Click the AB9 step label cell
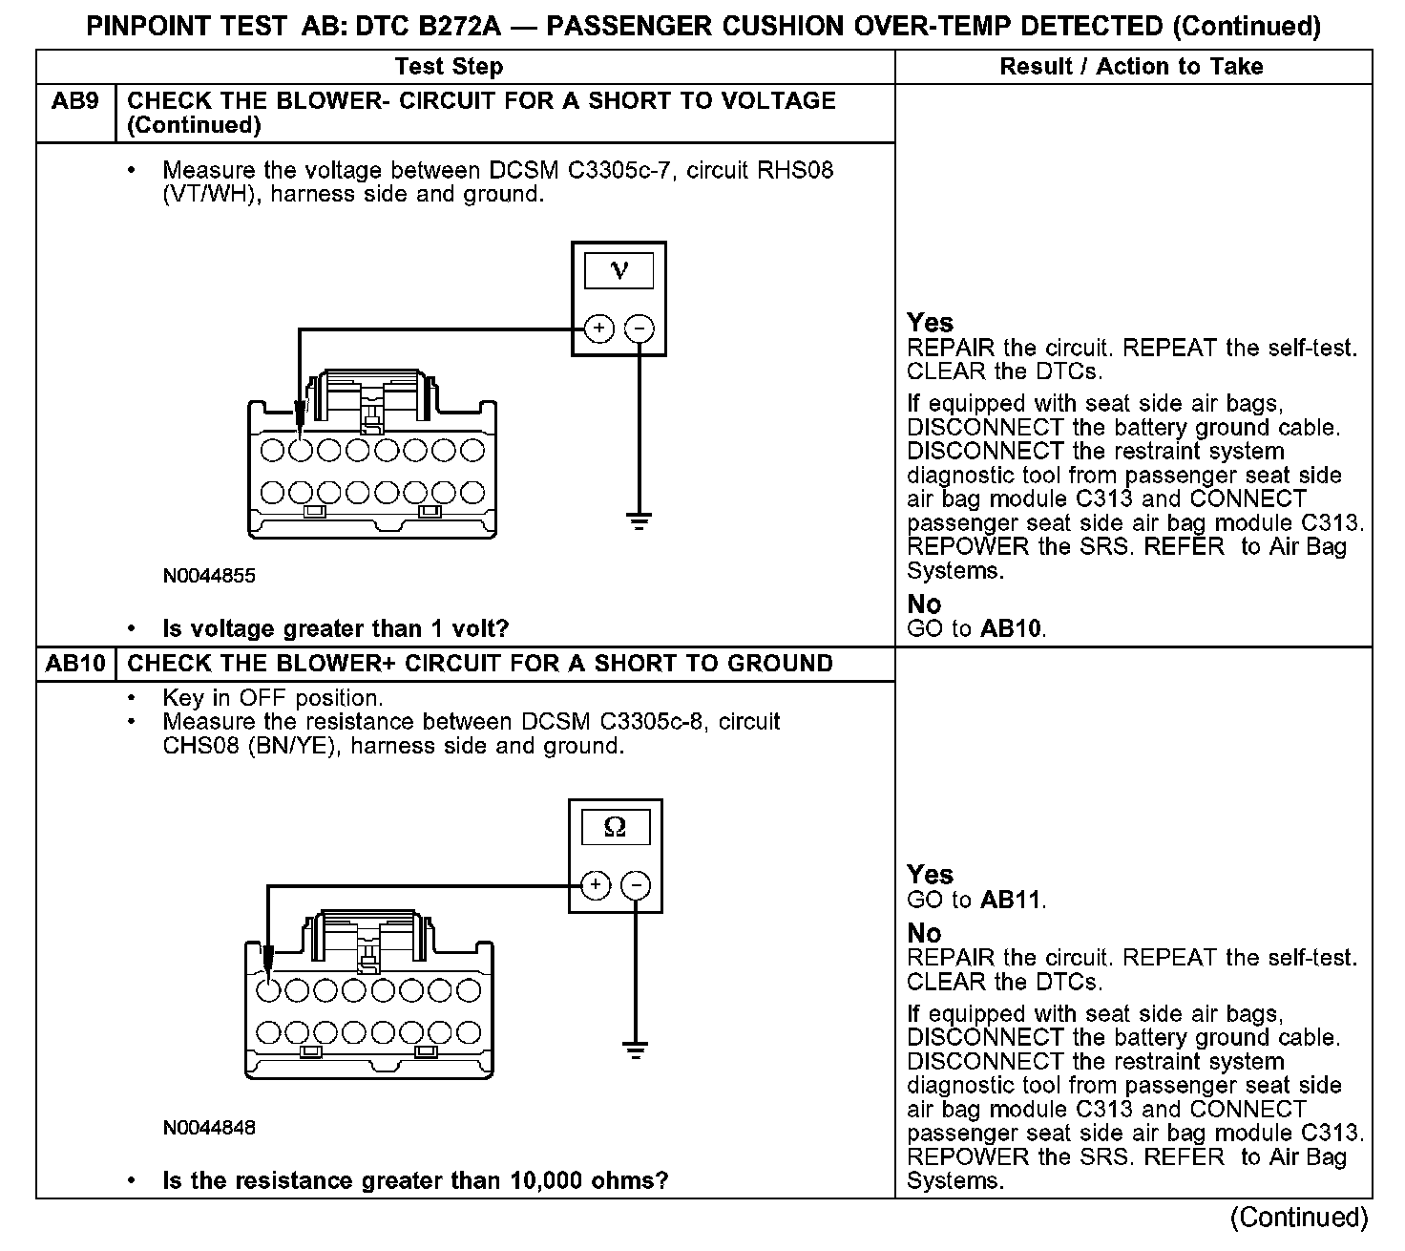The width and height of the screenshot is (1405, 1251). tap(75, 101)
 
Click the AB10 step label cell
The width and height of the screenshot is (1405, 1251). tap(75, 664)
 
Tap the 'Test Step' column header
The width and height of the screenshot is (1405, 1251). tap(449, 67)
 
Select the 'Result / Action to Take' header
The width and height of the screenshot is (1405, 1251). tap(1131, 67)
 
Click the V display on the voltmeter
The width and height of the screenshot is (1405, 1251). tap(619, 271)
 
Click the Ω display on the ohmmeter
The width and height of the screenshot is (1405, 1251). tap(615, 827)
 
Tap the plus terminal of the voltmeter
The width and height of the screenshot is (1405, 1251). tap(598, 329)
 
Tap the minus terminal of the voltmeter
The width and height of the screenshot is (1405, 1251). tap(639, 329)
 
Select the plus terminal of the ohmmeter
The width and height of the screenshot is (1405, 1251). tap(595, 885)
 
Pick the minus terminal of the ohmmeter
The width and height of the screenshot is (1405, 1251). tap(635, 885)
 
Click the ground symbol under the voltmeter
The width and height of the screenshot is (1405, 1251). tap(639, 521)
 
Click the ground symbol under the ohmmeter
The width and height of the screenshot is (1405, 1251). tap(635, 1051)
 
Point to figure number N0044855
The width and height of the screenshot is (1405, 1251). tap(209, 576)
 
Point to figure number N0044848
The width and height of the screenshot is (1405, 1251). tap(209, 1128)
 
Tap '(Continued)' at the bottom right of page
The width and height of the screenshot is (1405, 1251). tap(1298, 1218)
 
